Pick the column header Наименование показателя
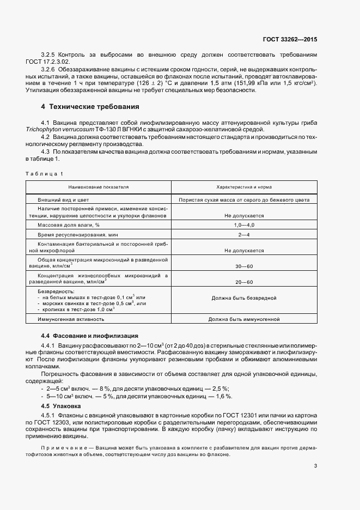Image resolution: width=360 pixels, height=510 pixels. point(99,187)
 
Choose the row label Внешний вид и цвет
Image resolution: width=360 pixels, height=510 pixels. point(62,200)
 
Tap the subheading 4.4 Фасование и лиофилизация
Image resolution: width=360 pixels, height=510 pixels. point(90,336)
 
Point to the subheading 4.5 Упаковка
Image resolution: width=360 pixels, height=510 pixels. point(61,406)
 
